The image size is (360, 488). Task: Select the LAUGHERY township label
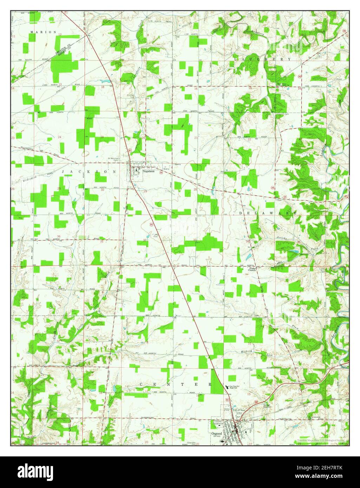coord(262,59)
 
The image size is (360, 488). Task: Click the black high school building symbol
coord(227,386)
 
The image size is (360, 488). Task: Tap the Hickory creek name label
coord(247,351)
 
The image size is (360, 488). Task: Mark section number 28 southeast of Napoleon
coord(196,190)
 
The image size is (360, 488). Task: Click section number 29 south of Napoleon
coord(145,191)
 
